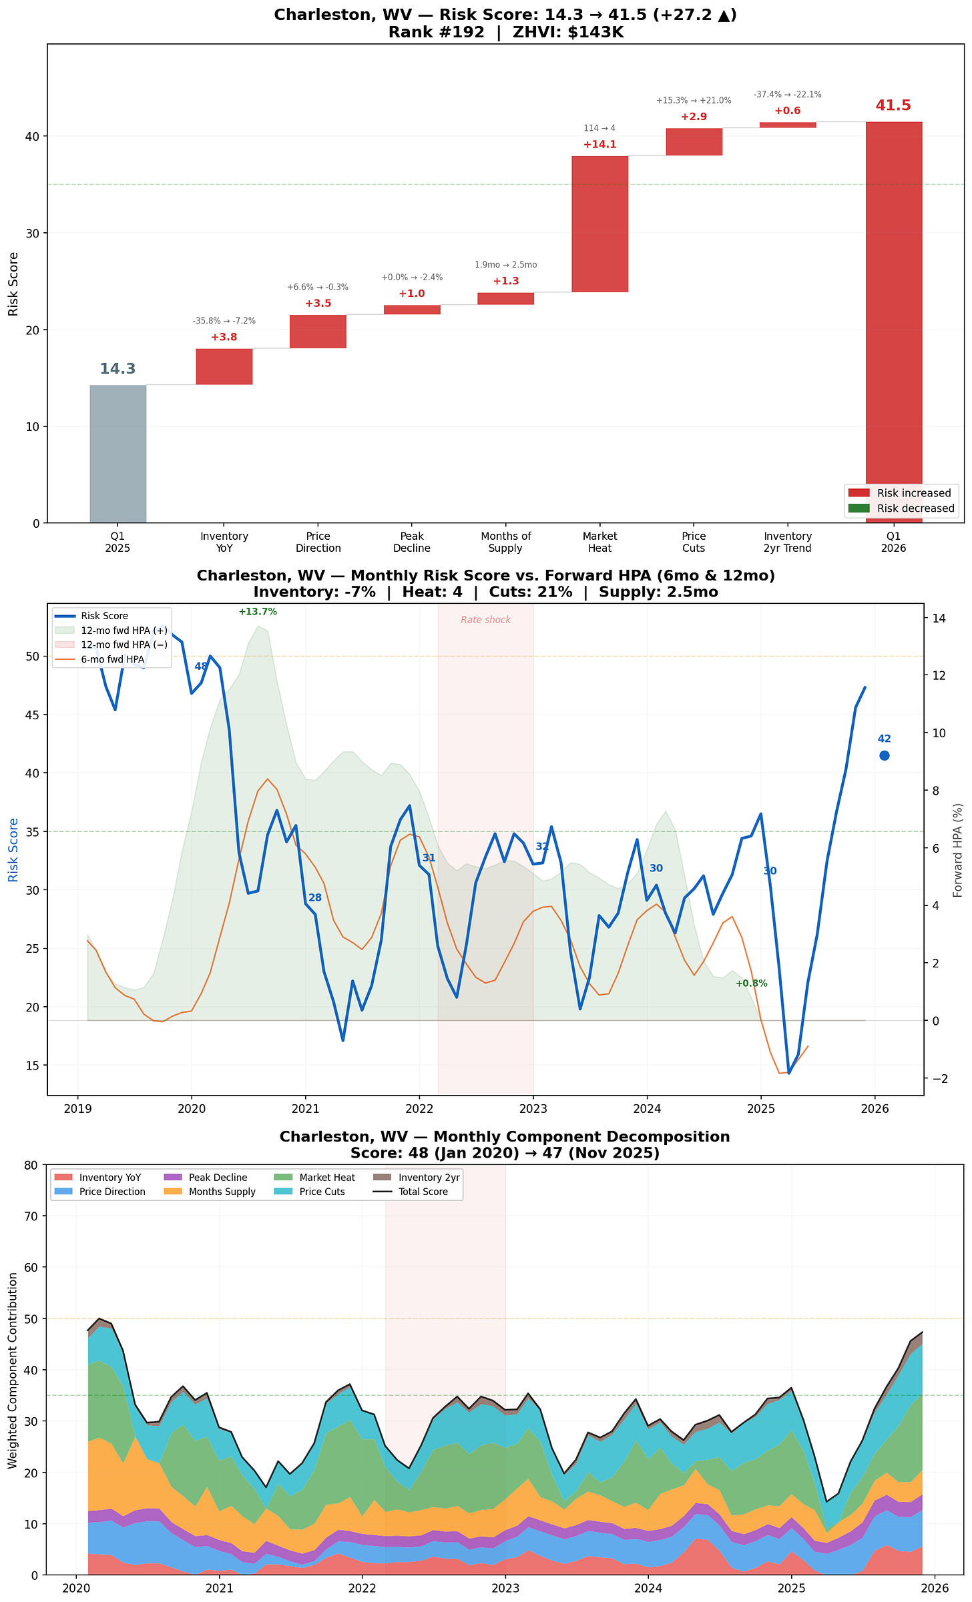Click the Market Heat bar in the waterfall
599,224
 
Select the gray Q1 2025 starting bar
117,454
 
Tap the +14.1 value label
599,145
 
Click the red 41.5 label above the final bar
893,105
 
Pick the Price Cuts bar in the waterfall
694,141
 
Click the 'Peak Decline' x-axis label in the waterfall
412,542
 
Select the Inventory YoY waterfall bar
224,366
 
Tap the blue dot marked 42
884,755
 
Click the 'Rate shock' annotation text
485,620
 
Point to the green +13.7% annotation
258,612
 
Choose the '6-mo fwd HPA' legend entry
112,659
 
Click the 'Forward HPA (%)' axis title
958,850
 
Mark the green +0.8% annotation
751,983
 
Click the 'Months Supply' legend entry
222,1192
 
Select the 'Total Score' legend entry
423,1192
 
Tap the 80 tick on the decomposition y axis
31,1166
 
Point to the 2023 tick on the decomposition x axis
505,1589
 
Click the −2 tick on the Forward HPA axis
939,1079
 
